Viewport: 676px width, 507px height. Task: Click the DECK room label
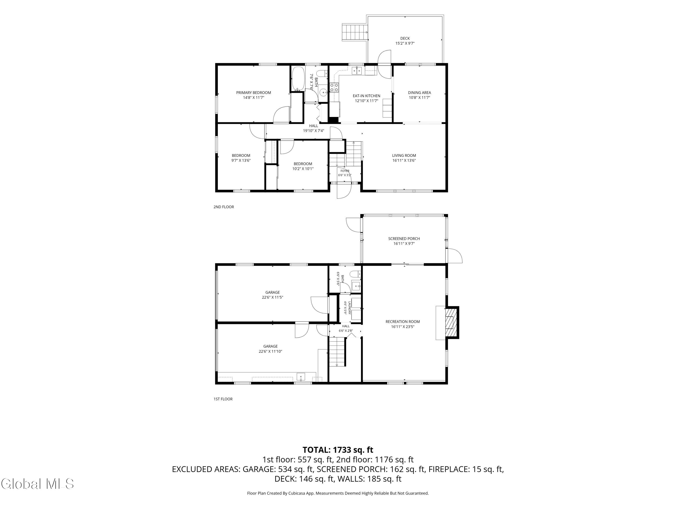click(405, 39)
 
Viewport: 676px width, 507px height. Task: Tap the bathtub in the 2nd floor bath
click(298, 79)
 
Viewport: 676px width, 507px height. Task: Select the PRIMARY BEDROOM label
click(253, 93)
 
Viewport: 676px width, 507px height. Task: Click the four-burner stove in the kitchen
click(334, 87)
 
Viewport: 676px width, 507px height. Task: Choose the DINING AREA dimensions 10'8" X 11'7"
click(419, 98)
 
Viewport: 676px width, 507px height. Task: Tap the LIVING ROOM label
click(404, 155)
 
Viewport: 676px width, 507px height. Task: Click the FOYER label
click(345, 171)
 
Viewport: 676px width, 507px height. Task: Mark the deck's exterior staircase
click(354, 32)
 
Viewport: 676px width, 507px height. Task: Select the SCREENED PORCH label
click(404, 239)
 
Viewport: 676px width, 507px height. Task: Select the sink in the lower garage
click(301, 377)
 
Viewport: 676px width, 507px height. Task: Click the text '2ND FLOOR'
click(224, 207)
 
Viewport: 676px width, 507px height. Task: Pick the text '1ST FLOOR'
click(223, 399)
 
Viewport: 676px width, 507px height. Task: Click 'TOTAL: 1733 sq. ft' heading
click(338, 450)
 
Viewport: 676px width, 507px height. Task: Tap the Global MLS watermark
click(37, 484)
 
